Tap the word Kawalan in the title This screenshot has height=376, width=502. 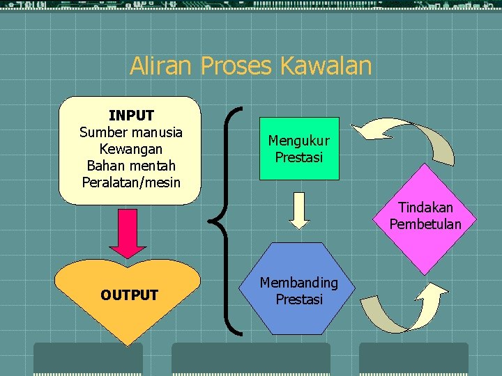point(326,66)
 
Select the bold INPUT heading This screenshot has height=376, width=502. point(131,115)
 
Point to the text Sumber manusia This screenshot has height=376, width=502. point(131,132)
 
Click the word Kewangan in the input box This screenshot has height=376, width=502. point(131,149)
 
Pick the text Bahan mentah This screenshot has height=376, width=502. point(131,166)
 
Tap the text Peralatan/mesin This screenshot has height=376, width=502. point(131,182)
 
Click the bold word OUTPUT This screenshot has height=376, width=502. point(129,295)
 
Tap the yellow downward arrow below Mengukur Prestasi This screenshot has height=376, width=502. point(299,210)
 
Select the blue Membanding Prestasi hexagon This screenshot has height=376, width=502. point(299,288)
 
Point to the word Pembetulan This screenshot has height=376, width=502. point(425,224)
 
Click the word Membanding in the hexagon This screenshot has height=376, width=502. point(299,283)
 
